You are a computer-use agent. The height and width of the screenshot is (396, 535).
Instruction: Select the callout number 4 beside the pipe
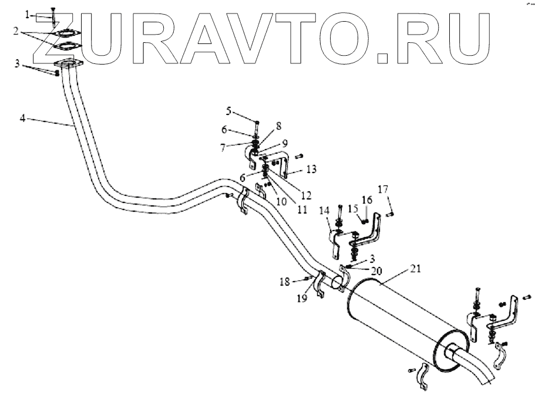pos(22,118)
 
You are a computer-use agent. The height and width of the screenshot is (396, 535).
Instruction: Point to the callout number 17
pos(383,189)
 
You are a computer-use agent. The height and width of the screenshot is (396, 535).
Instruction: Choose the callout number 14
pos(324,210)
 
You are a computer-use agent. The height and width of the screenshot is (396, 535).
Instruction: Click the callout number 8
pos(278,125)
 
